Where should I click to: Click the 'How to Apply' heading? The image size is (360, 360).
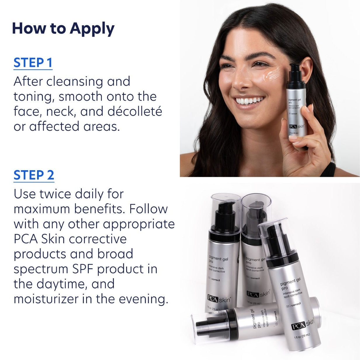click(63, 29)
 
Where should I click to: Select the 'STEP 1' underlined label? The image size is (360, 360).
click(33, 63)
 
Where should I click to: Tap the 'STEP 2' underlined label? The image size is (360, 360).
click(34, 175)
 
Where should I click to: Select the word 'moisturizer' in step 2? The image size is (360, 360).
click(46, 299)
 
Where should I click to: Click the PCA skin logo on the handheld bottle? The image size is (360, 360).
click(296, 126)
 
